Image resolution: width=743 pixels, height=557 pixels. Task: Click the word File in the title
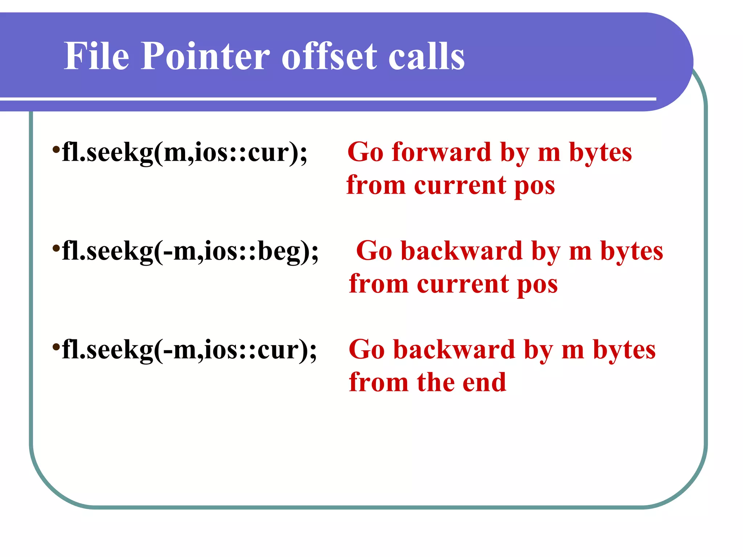coord(97,56)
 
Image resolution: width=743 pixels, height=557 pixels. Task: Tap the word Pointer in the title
coord(205,56)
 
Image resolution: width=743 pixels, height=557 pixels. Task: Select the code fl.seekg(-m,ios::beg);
coord(190,251)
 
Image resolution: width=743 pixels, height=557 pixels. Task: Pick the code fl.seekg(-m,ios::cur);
coord(189,350)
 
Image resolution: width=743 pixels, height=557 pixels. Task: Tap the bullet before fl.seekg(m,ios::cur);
coord(56,149)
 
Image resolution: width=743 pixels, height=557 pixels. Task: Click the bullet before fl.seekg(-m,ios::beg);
coord(56,248)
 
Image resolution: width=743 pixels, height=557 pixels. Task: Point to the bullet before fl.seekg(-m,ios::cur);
coord(56,347)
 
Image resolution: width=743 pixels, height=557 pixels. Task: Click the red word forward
coord(441,152)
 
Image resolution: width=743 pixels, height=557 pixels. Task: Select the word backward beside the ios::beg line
coord(461,251)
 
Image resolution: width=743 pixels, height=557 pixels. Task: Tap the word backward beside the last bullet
coord(454,350)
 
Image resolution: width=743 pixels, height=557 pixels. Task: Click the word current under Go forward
coord(460,186)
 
